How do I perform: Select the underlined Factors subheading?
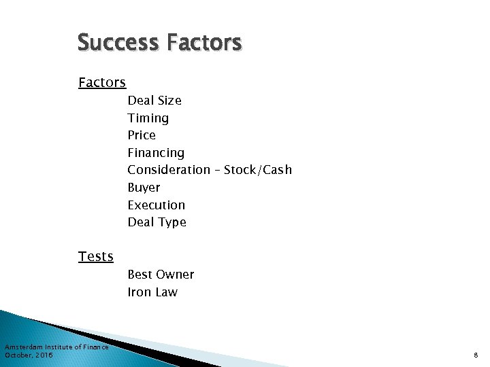(x=102, y=83)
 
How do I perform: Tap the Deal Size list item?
(x=154, y=101)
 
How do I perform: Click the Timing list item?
(x=148, y=118)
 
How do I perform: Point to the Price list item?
(x=142, y=135)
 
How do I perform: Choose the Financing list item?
(x=156, y=153)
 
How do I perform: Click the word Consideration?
(x=169, y=170)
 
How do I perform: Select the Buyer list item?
(x=144, y=188)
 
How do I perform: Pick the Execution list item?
(x=157, y=205)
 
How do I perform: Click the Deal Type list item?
(x=157, y=222)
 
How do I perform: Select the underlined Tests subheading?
(x=96, y=257)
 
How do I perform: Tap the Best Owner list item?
(x=161, y=275)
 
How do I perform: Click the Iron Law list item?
(x=152, y=292)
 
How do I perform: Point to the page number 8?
(x=476, y=355)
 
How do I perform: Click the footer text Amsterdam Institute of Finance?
(x=56, y=347)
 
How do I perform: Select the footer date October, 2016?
(x=29, y=355)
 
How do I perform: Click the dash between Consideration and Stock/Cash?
(x=217, y=170)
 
